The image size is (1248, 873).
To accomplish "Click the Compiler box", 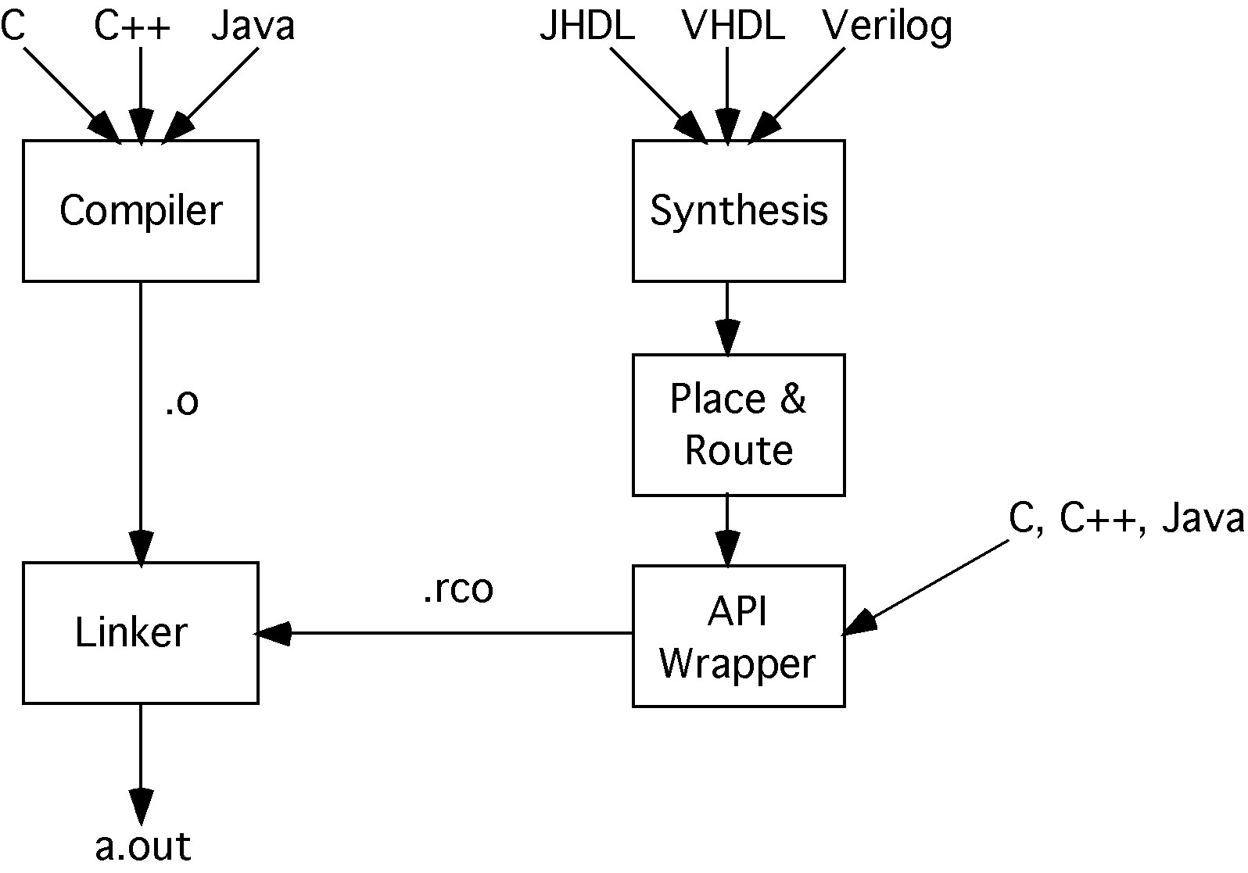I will click(x=141, y=211).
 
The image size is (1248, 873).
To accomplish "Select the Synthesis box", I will click(x=738, y=211).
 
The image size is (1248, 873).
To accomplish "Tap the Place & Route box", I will click(x=738, y=425).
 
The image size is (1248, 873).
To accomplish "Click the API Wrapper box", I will click(x=738, y=636).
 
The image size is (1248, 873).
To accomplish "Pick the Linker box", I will click(x=141, y=632).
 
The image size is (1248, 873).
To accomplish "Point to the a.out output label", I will click(x=142, y=846).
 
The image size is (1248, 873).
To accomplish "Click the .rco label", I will click(x=457, y=589).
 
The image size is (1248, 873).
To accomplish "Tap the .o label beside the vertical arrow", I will click(x=181, y=402).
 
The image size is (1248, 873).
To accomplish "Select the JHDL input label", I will click(x=586, y=27).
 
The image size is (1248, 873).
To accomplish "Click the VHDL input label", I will click(x=733, y=27).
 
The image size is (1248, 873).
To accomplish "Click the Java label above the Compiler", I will click(x=253, y=27).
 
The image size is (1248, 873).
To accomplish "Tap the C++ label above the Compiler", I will click(x=131, y=27).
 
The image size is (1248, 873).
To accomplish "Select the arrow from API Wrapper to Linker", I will click(x=446, y=632).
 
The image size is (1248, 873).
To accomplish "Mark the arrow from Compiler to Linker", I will click(x=141, y=422).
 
